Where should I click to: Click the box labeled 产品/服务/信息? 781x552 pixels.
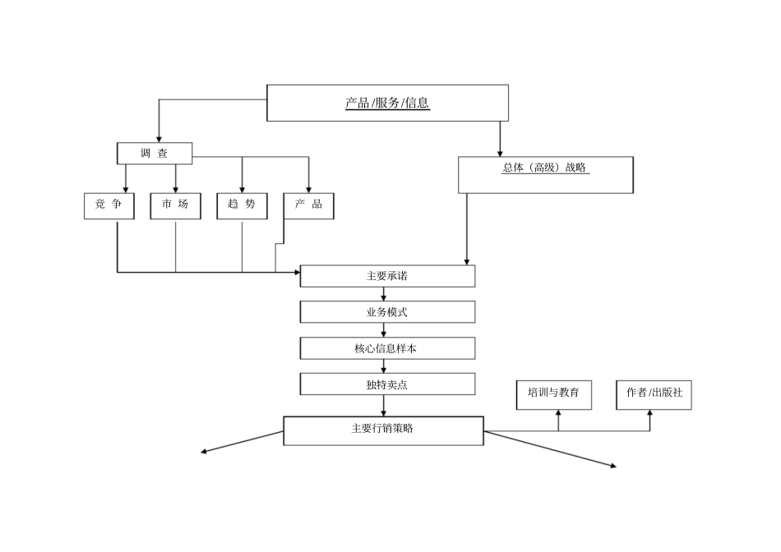pyautogui.click(x=387, y=103)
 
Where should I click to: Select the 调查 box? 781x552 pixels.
pyautogui.click(x=154, y=153)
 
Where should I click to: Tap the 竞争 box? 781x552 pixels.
pyautogui.click(x=109, y=205)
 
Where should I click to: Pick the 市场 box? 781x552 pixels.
pyautogui.click(x=175, y=205)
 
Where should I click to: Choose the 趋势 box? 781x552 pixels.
pyautogui.click(x=242, y=205)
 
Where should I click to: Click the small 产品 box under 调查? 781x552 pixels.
pyautogui.click(x=308, y=205)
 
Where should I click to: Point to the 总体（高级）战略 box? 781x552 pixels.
pyautogui.click(x=545, y=174)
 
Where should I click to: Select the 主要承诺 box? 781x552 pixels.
pyautogui.click(x=387, y=276)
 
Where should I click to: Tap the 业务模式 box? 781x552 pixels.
pyautogui.click(x=387, y=312)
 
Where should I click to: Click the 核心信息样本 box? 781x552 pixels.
pyautogui.click(x=387, y=348)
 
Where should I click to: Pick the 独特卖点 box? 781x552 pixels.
pyautogui.click(x=387, y=384)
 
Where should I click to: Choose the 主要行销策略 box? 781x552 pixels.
pyautogui.click(x=383, y=430)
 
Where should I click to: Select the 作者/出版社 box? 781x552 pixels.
pyautogui.click(x=649, y=394)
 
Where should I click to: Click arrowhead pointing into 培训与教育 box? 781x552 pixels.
pyautogui.click(x=558, y=414)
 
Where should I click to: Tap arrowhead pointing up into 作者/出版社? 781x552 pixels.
pyautogui.click(x=649, y=414)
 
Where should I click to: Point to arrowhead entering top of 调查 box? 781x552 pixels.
pyautogui.click(x=158, y=138)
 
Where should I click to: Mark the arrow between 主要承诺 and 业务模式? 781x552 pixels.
pyautogui.click(x=383, y=295)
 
